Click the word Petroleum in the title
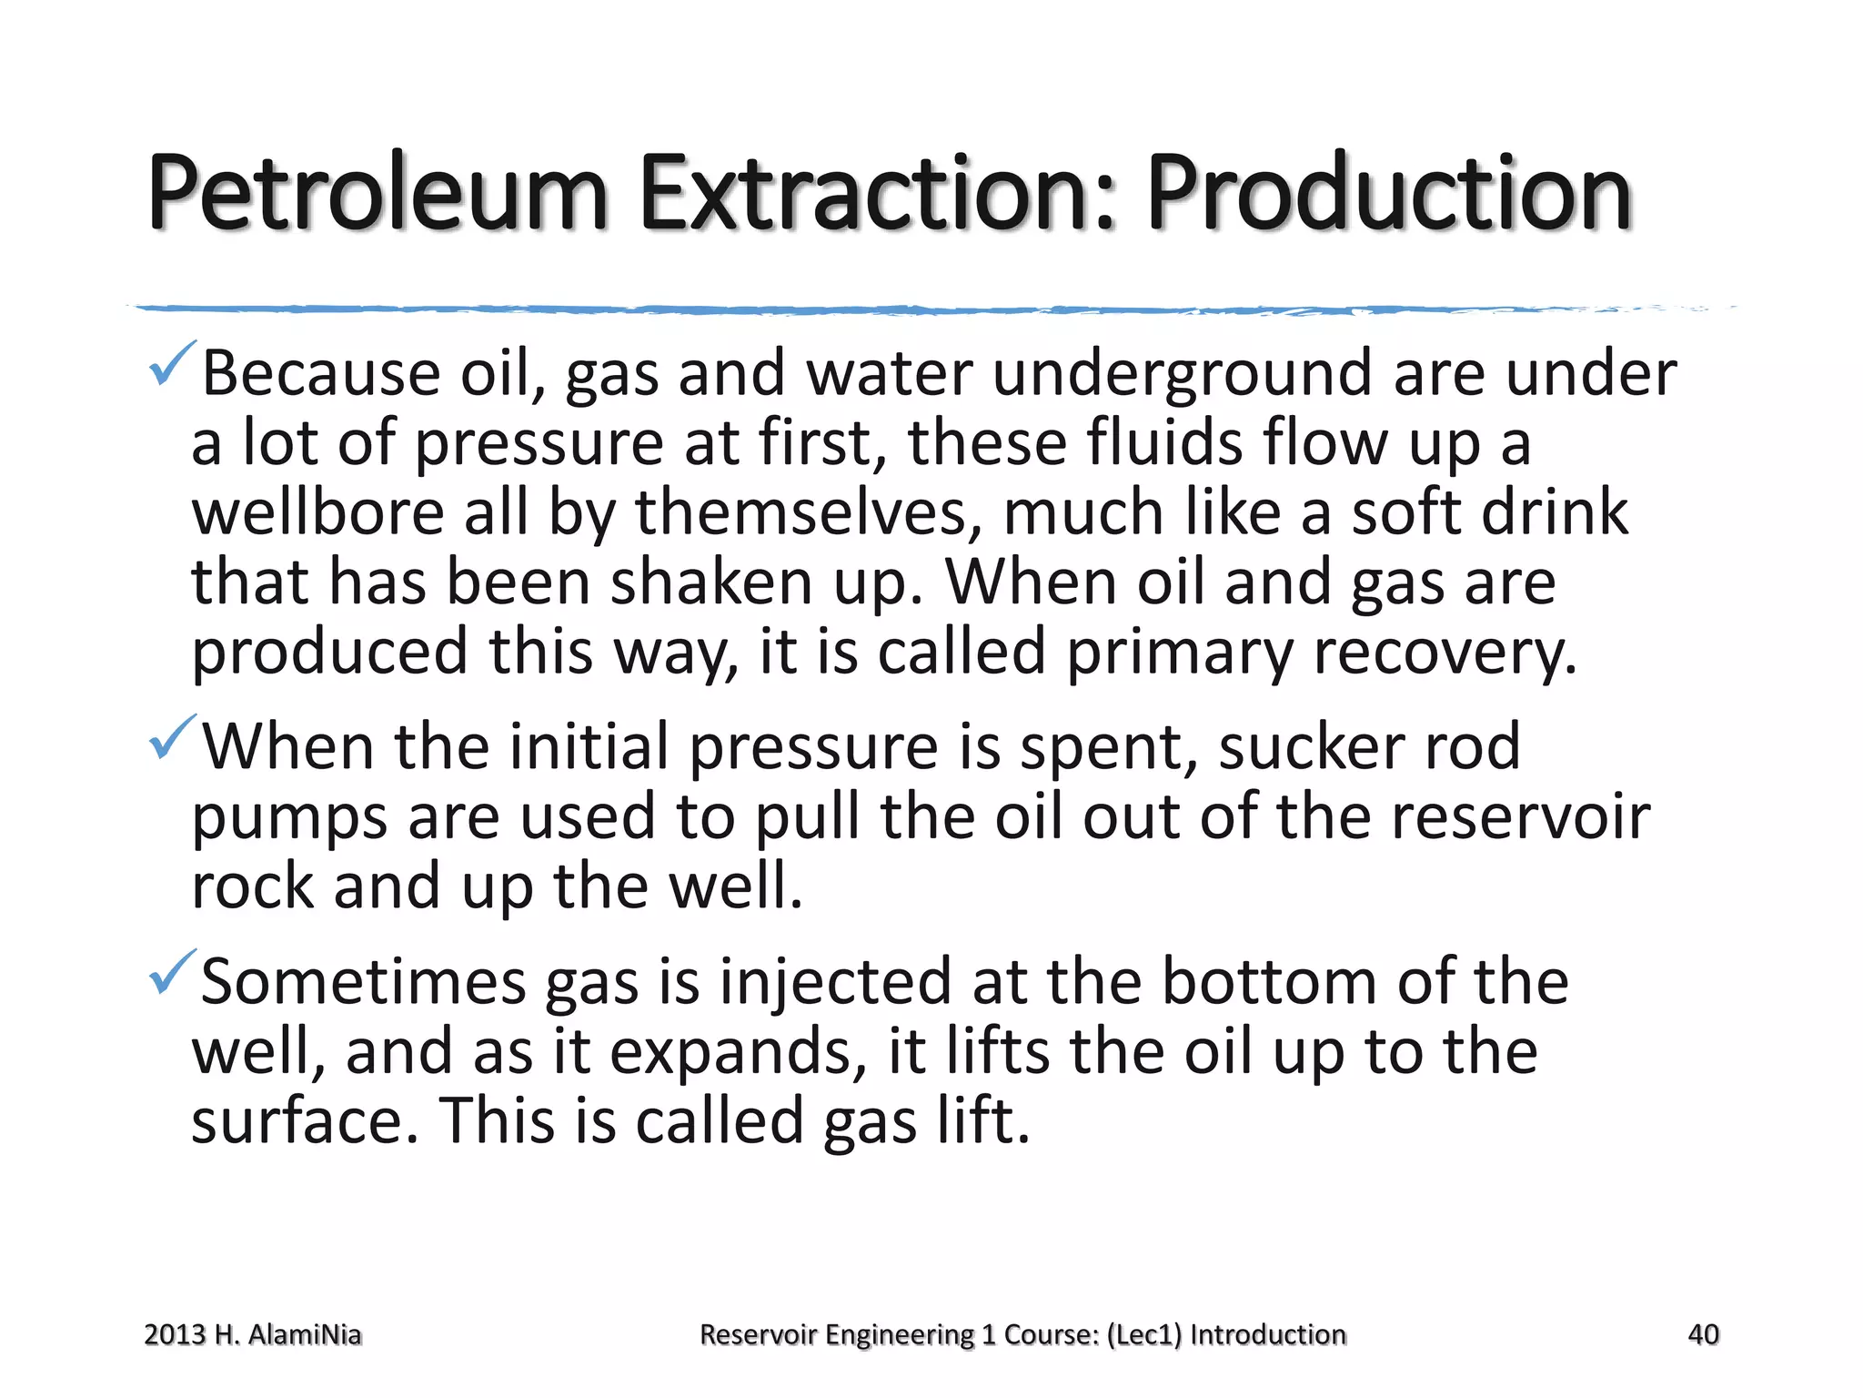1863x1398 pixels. pyautogui.click(x=377, y=194)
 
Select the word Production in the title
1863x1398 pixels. pyautogui.click(x=1389, y=194)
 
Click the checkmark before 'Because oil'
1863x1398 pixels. pyautogui.click(x=170, y=363)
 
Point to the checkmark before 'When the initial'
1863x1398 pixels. pyautogui.click(x=170, y=736)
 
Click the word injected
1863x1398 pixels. pyautogui.click(x=835, y=983)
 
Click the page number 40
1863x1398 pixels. pyautogui.click(x=1703, y=1335)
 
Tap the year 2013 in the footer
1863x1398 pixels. pyautogui.click(x=175, y=1335)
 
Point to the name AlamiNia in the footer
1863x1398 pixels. pyautogui.click(x=305, y=1335)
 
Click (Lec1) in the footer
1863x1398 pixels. pyautogui.click(x=1144, y=1335)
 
